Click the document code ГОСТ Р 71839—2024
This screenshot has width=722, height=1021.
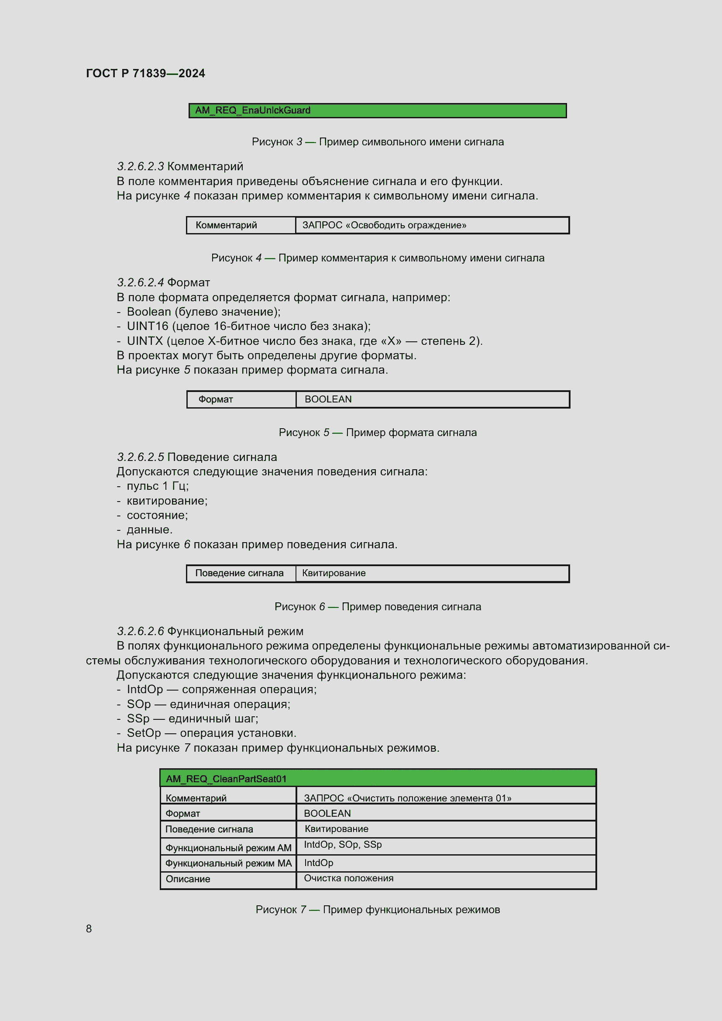point(145,73)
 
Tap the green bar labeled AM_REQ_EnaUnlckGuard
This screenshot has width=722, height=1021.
point(377,110)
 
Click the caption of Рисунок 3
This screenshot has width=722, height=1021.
point(378,142)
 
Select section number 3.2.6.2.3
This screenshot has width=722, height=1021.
point(140,166)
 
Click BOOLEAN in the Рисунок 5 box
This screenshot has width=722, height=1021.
point(328,399)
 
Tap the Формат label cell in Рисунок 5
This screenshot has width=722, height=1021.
point(216,399)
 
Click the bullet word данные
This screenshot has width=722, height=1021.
point(149,529)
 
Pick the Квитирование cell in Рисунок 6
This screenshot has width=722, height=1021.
point(334,573)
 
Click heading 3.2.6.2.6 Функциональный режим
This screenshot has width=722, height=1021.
point(210,631)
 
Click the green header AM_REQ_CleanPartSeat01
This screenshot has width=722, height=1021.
point(378,779)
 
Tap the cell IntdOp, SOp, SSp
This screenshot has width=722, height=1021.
point(343,845)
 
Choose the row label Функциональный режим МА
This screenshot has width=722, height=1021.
point(228,863)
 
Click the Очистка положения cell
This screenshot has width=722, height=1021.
point(348,878)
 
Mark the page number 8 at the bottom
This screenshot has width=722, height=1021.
point(89,928)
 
